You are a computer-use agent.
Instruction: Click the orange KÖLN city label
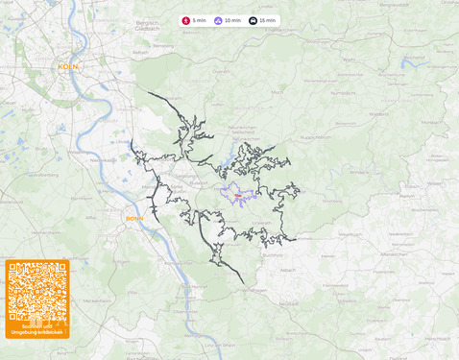pos(68,66)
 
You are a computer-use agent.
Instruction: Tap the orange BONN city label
pos(134,218)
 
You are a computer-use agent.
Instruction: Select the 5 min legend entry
pos(194,20)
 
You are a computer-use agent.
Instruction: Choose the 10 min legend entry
pos(228,20)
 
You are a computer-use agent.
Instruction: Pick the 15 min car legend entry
pos(262,20)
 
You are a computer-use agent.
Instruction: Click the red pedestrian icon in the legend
pos(186,20)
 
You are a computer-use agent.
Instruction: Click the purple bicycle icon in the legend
pos(218,20)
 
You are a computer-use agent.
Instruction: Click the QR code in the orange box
pos(36,292)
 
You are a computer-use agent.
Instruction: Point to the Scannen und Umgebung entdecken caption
pos(36,329)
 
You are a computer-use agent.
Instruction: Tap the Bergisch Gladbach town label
pos(147,25)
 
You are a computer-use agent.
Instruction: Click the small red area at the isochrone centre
pos(237,195)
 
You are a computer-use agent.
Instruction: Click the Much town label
pos(278,92)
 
